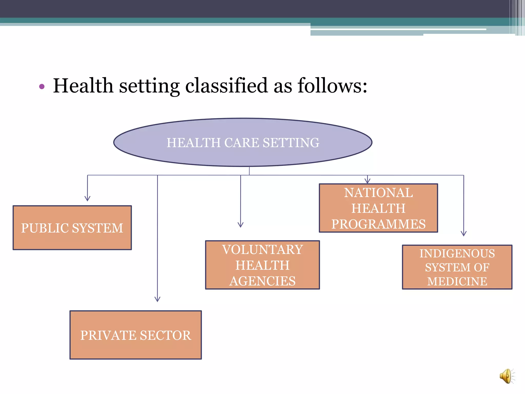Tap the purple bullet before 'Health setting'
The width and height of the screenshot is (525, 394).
pyautogui.click(x=42, y=87)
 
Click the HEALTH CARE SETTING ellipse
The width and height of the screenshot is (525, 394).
pyautogui.click(x=243, y=142)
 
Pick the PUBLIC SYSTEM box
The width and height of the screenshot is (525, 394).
pyautogui.click(x=72, y=228)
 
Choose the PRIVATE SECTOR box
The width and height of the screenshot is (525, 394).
pyautogui.click(x=135, y=335)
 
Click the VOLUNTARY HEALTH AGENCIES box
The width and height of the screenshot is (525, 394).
pyautogui.click(x=262, y=265)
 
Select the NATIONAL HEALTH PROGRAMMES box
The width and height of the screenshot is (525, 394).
pyautogui.click(x=378, y=208)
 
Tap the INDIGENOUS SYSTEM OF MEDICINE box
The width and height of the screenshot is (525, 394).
pyautogui.click(x=457, y=267)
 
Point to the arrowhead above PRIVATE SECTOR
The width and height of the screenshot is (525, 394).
pyautogui.click(x=157, y=299)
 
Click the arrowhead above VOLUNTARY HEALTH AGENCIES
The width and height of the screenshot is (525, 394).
pyautogui.click(x=240, y=225)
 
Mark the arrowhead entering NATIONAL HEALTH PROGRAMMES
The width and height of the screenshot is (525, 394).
pyautogui.click(x=367, y=181)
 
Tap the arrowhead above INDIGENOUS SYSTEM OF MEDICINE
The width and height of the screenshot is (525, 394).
pyautogui.click(x=463, y=234)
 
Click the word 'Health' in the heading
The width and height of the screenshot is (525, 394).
pyautogui.click(x=83, y=86)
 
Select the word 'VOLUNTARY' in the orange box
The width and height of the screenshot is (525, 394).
pyautogui.click(x=262, y=250)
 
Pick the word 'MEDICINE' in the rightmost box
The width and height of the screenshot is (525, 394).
pyautogui.click(x=457, y=281)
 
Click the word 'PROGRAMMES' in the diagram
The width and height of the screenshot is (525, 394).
pyautogui.click(x=378, y=224)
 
